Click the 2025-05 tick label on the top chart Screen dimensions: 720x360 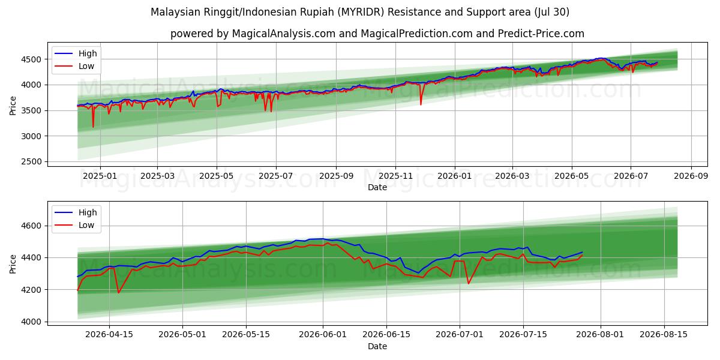coord(217,176)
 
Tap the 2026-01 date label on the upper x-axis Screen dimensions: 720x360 coord(455,176)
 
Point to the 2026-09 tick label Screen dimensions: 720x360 coord(691,176)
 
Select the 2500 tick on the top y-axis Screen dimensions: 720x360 coord(31,161)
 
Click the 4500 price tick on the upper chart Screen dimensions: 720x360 coord(31,59)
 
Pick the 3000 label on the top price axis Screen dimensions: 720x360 coord(31,136)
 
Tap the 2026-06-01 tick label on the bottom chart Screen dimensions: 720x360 coord(323,335)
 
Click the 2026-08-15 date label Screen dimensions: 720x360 coord(664,335)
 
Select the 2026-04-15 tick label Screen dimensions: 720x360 coord(109,335)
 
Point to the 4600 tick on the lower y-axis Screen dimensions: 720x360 coord(31,226)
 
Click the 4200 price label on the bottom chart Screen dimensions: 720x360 coord(31,290)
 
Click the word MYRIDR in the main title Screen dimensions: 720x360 coord(362,12)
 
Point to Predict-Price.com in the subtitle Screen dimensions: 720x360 coord(541,34)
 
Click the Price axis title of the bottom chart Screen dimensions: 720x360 coord(13,264)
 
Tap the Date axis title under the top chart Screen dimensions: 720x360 coord(377,187)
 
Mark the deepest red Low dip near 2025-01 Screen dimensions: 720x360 coord(93,127)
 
